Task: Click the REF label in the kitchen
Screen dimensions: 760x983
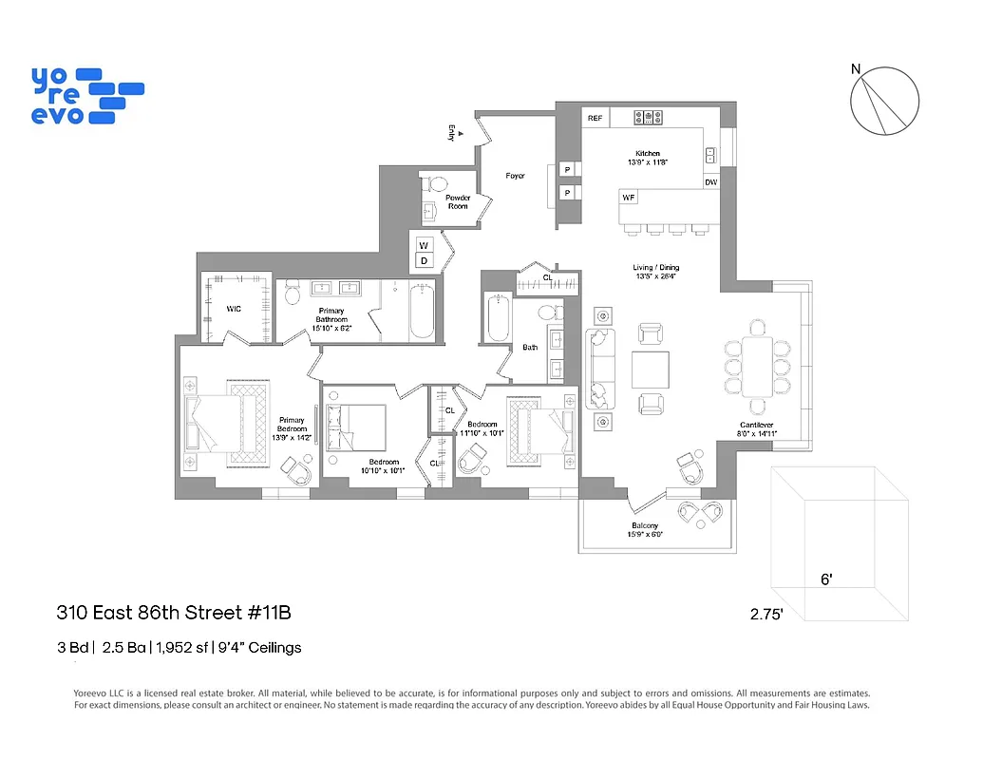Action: point(595,119)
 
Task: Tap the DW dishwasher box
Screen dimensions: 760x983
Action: point(710,182)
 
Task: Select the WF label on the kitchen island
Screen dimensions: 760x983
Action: point(629,198)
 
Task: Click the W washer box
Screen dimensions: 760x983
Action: point(424,245)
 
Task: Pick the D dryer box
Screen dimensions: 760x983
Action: point(424,260)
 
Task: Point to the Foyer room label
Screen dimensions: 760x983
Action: point(515,176)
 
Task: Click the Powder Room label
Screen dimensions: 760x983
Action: point(458,202)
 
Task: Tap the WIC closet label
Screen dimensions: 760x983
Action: point(233,309)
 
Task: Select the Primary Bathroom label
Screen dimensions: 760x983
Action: point(331,319)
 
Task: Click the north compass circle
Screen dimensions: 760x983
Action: point(885,102)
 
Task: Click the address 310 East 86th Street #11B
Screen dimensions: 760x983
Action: point(173,613)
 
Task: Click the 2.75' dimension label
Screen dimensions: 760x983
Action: point(766,615)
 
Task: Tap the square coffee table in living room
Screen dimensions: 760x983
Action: point(651,370)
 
